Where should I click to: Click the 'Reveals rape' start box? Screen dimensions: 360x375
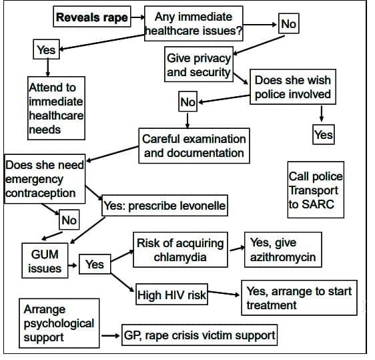(91, 18)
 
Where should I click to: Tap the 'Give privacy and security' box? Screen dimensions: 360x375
(199, 65)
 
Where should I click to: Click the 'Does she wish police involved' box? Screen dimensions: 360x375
(292, 87)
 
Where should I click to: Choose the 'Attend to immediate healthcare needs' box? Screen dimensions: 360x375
(56, 108)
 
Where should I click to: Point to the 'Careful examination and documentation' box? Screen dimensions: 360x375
(194, 146)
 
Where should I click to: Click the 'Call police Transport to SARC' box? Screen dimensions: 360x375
(316, 190)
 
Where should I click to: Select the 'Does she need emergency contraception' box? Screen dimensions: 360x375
(44, 179)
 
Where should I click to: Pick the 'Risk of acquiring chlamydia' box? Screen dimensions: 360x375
(179, 250)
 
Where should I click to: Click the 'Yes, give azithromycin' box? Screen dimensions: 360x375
(283, 250)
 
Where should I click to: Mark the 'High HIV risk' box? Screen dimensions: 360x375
(171, 294)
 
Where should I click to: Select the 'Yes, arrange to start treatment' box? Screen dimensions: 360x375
(298, 298)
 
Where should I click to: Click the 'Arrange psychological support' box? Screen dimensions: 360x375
(58, 323)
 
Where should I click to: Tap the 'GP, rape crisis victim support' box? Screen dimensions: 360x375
(198, 335)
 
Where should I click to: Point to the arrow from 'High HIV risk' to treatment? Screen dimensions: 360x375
(224, 294)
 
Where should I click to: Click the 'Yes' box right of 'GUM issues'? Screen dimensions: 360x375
(94, 264)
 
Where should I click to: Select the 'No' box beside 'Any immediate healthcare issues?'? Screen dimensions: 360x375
(288, 24)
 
